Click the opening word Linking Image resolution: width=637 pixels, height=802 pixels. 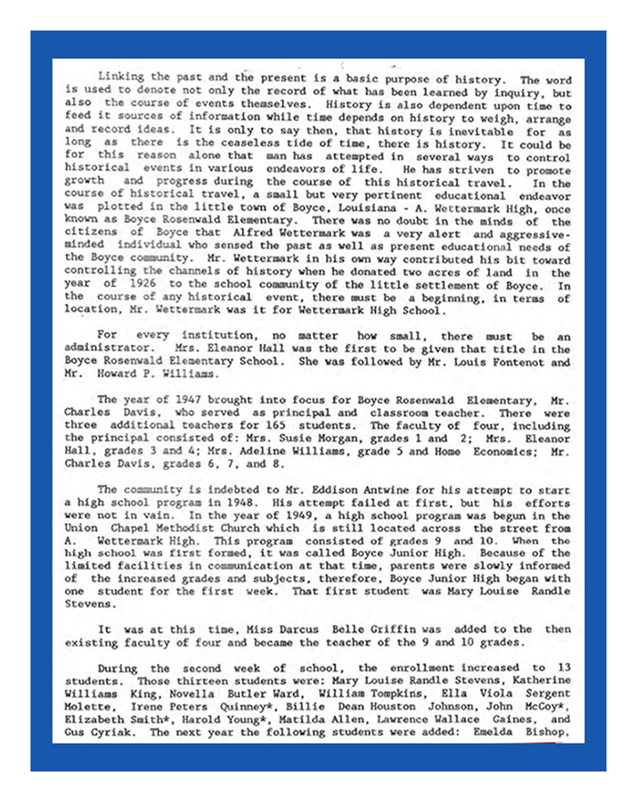[x=121, y=76]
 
